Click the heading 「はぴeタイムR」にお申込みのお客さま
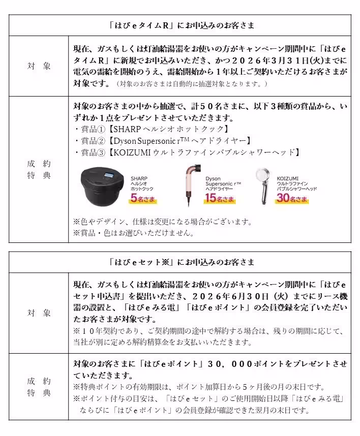coord(182,25)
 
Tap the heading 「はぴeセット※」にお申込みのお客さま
coord(182,262)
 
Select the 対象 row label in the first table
coord(39,66)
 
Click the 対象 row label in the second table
coord(39,313)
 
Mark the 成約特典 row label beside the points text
coord(39,386)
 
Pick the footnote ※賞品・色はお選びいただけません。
coord(134,233)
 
